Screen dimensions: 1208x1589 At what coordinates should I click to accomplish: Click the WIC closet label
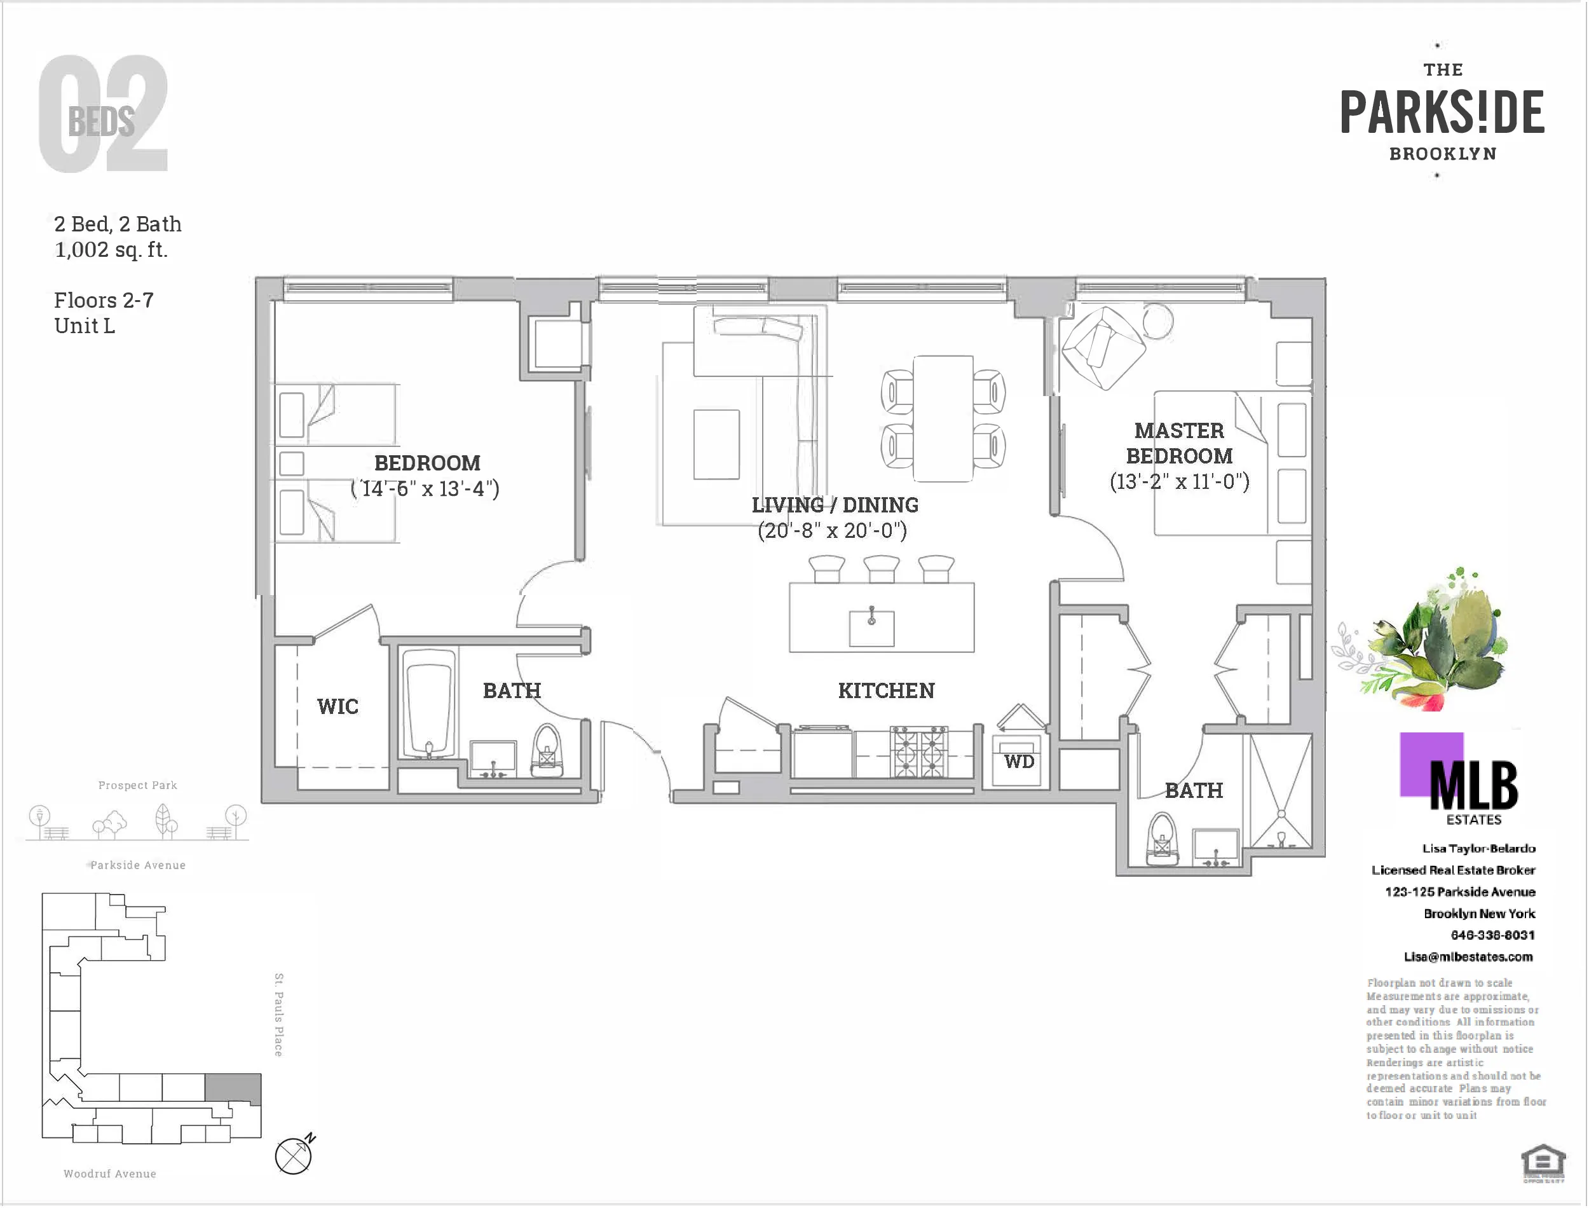pyautogui.click(x=337, y=706)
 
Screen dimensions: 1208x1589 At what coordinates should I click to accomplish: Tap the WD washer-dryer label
pyautogui.click(x=1019, y=762)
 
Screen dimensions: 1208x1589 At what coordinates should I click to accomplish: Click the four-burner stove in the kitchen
pyautogui.click(x=918, y=752)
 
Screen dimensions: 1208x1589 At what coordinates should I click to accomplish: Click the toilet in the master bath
pyautogui.click(x=1161, y=839)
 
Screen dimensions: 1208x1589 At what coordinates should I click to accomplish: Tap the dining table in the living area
pyautogui.click(x=943, y=418)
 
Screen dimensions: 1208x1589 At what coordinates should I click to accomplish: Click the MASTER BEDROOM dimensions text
pyautogui.click(x=1179, y=482)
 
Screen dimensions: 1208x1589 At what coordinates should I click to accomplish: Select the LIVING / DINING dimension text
pyautogui.click(x=832, y=531)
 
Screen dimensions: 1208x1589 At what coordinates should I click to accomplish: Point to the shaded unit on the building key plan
pyautogui.click(x=233, y=1088)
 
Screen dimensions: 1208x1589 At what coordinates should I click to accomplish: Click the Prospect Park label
pyautogui.click(x=137, y=785)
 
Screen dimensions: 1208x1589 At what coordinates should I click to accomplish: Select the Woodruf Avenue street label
pyautogui.click(x=110, y=1174)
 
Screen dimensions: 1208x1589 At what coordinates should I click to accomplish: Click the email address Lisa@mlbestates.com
pyautogui.click(x=1468, y=957)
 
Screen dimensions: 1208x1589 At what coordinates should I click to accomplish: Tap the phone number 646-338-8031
pyautogui.click(x=1492, y=935)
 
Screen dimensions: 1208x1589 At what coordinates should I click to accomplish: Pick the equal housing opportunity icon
pyautogui.click(x=1543, y=1162)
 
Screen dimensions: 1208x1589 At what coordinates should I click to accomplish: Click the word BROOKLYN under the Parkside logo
pyautogui.click(x=1442, y=154)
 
